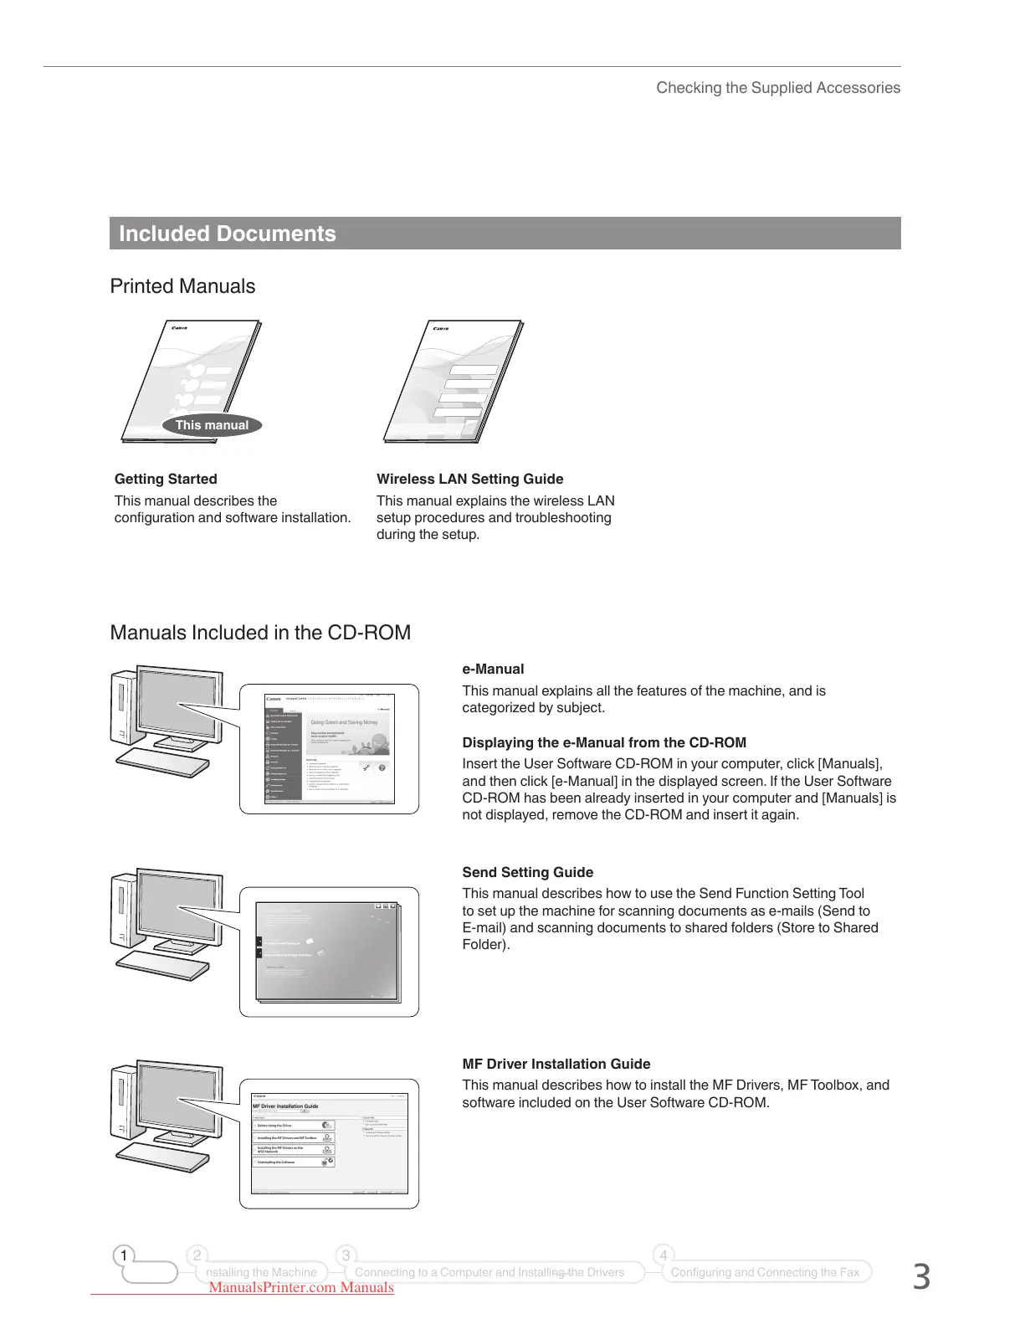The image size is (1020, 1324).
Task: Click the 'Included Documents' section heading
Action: click(x=227, y=233)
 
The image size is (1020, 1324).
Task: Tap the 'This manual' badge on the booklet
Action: click(x=212, y=425)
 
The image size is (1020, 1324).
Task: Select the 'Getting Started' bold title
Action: click(x=166, y=479)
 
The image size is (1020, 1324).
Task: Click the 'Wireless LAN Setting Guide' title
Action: click(x=469, y=479)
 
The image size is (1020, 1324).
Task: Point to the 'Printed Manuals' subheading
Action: click(x=182, y=286)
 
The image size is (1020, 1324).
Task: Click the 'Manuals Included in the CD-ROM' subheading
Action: click(x=260, y=633)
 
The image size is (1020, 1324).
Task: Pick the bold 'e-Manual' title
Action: click(x=493, y=669)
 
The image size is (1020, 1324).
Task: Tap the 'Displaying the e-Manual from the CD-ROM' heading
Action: click(x=604, y=742)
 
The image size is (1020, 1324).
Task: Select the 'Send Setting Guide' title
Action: click(x=527, y=872)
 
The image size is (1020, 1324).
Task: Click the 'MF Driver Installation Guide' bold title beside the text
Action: click(x=556, y=1064)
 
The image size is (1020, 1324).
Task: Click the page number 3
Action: click(x=920, y=1277)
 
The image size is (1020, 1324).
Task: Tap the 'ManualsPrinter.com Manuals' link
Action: click(x=301, y=1288)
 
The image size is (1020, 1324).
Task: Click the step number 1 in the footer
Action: click(x=124, y=1255)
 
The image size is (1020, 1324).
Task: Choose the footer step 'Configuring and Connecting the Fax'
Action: click(x=765, y=1272)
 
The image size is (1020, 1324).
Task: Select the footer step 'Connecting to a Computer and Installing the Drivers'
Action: click(x=489, y=1272)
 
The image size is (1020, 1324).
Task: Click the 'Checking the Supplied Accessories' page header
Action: click(x=778, y=88)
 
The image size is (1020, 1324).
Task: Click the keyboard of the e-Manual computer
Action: click(x=163, y=762)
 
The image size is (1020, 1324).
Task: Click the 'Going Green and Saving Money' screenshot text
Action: click(x=344, y=722)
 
